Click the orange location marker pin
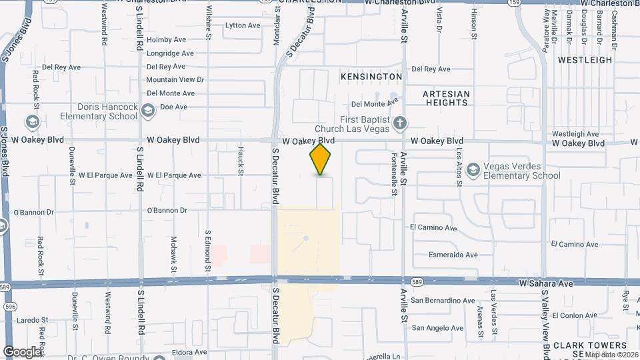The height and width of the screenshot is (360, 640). (321, 159)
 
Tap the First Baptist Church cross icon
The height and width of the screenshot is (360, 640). (399, 123)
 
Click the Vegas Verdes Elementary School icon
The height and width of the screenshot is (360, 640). (473, 169)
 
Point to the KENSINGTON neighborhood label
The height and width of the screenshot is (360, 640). (371, 77)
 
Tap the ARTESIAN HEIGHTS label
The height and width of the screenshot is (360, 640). (446, 98)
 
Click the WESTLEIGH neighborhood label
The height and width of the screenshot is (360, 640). (585, 60)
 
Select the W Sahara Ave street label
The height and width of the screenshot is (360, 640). (546, 283)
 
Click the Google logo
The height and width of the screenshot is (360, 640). (22, 351)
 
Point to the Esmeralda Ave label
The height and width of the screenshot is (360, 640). (453, 255)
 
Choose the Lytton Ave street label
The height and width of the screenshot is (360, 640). (243, 25)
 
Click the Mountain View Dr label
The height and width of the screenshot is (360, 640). (175, 80)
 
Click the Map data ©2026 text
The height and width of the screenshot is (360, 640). (611, 354)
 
